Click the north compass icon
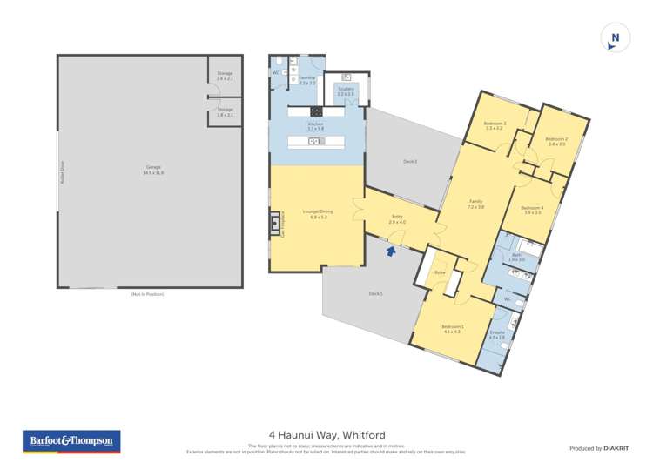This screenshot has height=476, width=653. click(x=615, y=38)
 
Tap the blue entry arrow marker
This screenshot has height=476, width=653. click(x=391, y=251)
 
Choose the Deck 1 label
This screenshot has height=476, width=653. click(x=375, y=293)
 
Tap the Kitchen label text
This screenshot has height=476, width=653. click(x=315, y=124)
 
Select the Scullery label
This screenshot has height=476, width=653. click(x=345, y=91)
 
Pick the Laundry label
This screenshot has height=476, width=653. click(x=306, y=77)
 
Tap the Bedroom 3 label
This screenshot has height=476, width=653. click(x=495, y=124)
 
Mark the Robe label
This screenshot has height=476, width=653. click(x=439, y=272)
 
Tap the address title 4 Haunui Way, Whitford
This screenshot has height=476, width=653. click(x=326, y=434)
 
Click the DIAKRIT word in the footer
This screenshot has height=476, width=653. click(x=616, y=448)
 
